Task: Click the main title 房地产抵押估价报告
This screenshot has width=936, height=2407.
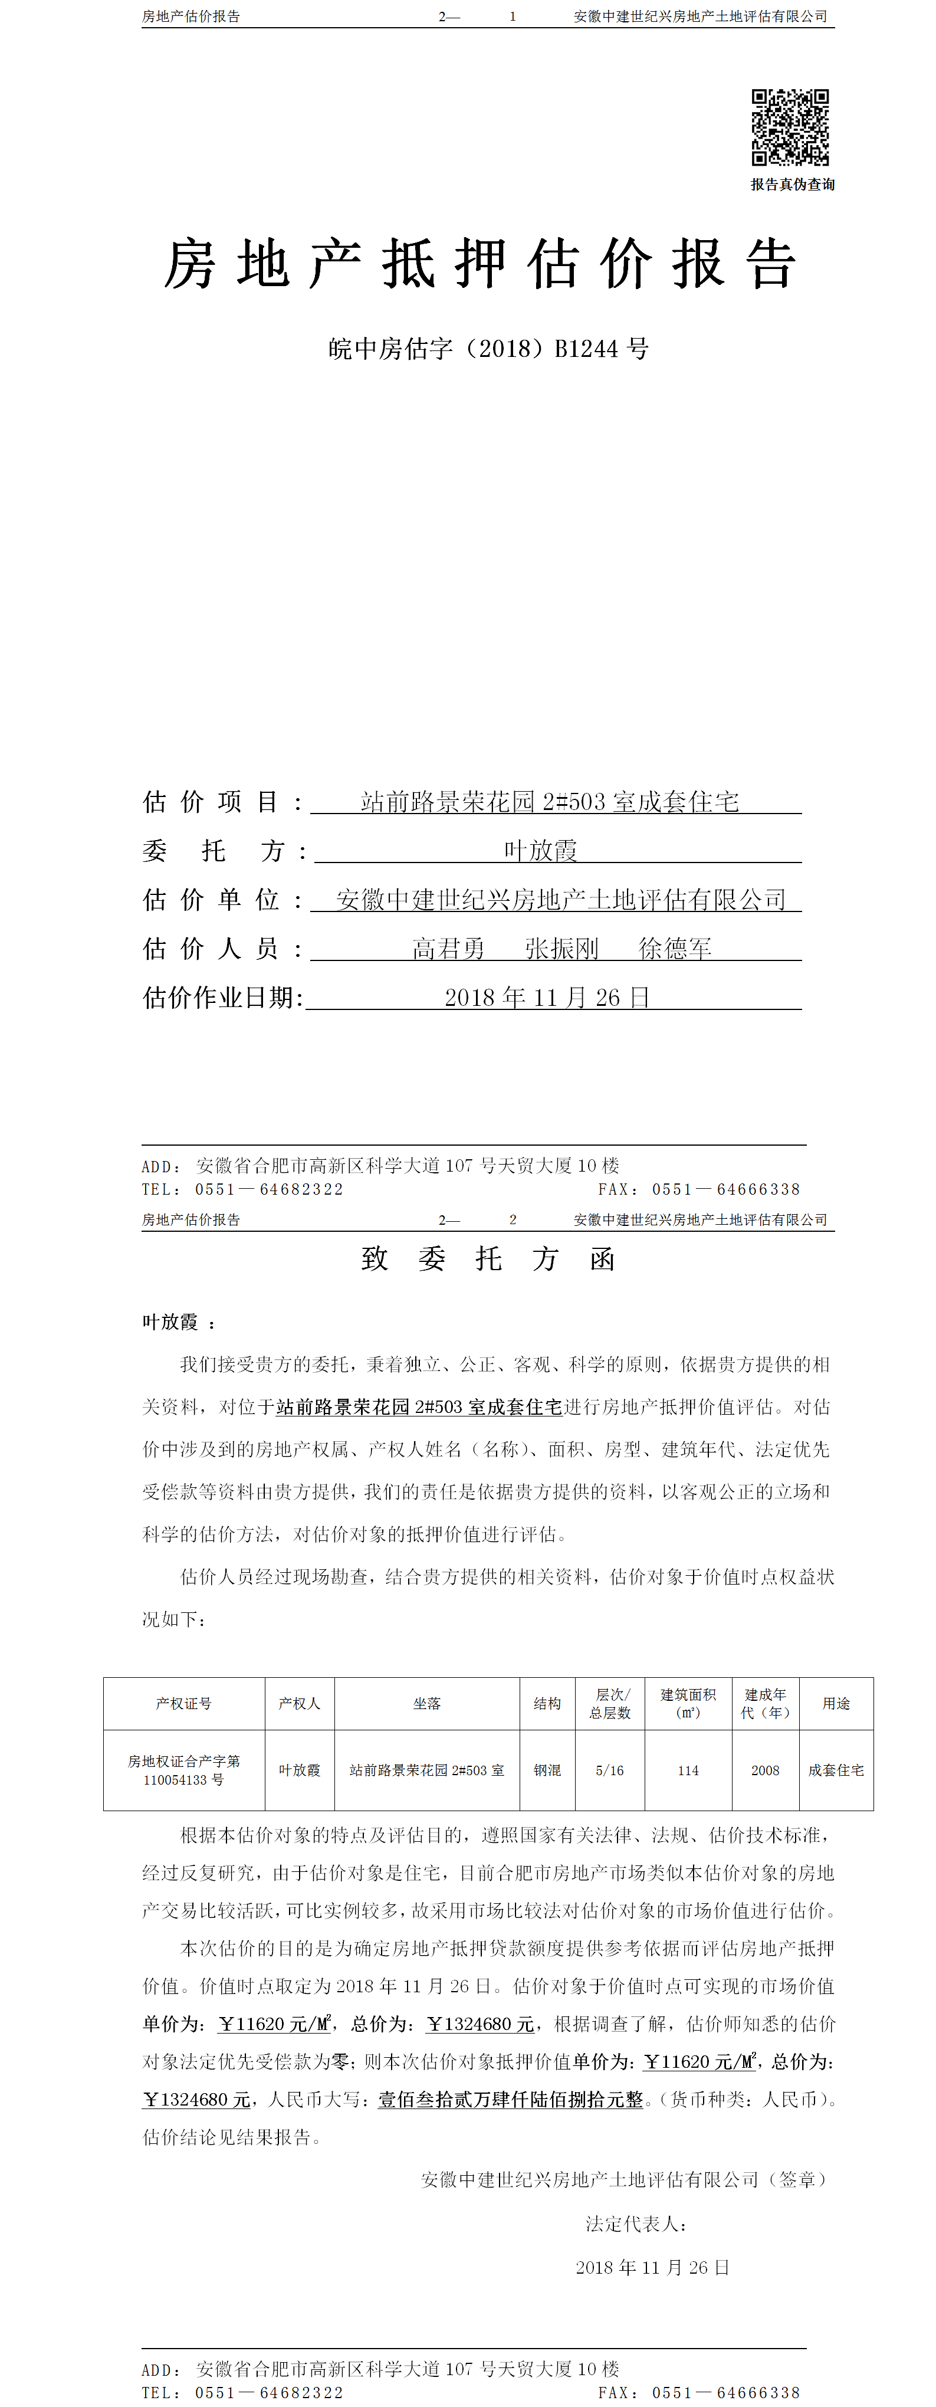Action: point(480,264)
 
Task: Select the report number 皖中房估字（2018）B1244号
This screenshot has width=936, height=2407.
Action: point(488,349)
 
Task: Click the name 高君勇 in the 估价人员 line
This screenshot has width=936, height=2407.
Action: point(449,949)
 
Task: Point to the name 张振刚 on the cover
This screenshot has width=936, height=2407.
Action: point(561,949)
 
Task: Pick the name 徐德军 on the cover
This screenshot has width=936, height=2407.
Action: point(675,949)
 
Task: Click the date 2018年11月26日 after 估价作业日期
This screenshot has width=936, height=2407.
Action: point(547,998)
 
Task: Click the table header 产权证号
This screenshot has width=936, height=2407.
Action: point(184,1703)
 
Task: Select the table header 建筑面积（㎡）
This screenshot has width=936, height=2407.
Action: point(688,1703)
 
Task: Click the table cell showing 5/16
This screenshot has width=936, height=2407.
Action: point(610,1770)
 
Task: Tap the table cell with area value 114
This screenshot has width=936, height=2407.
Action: point(688,1770)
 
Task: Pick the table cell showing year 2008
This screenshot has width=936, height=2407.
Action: point(765,1770)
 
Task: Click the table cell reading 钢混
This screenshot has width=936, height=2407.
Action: point(547,1770)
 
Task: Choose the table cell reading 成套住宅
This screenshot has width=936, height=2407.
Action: point(836,1770)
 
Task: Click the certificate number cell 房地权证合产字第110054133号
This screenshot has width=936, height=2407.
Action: point(184,1770)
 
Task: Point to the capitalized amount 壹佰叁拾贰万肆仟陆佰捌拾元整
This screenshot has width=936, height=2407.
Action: point(510,2100)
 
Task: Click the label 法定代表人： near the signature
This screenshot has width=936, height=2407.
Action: point(636,2224)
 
